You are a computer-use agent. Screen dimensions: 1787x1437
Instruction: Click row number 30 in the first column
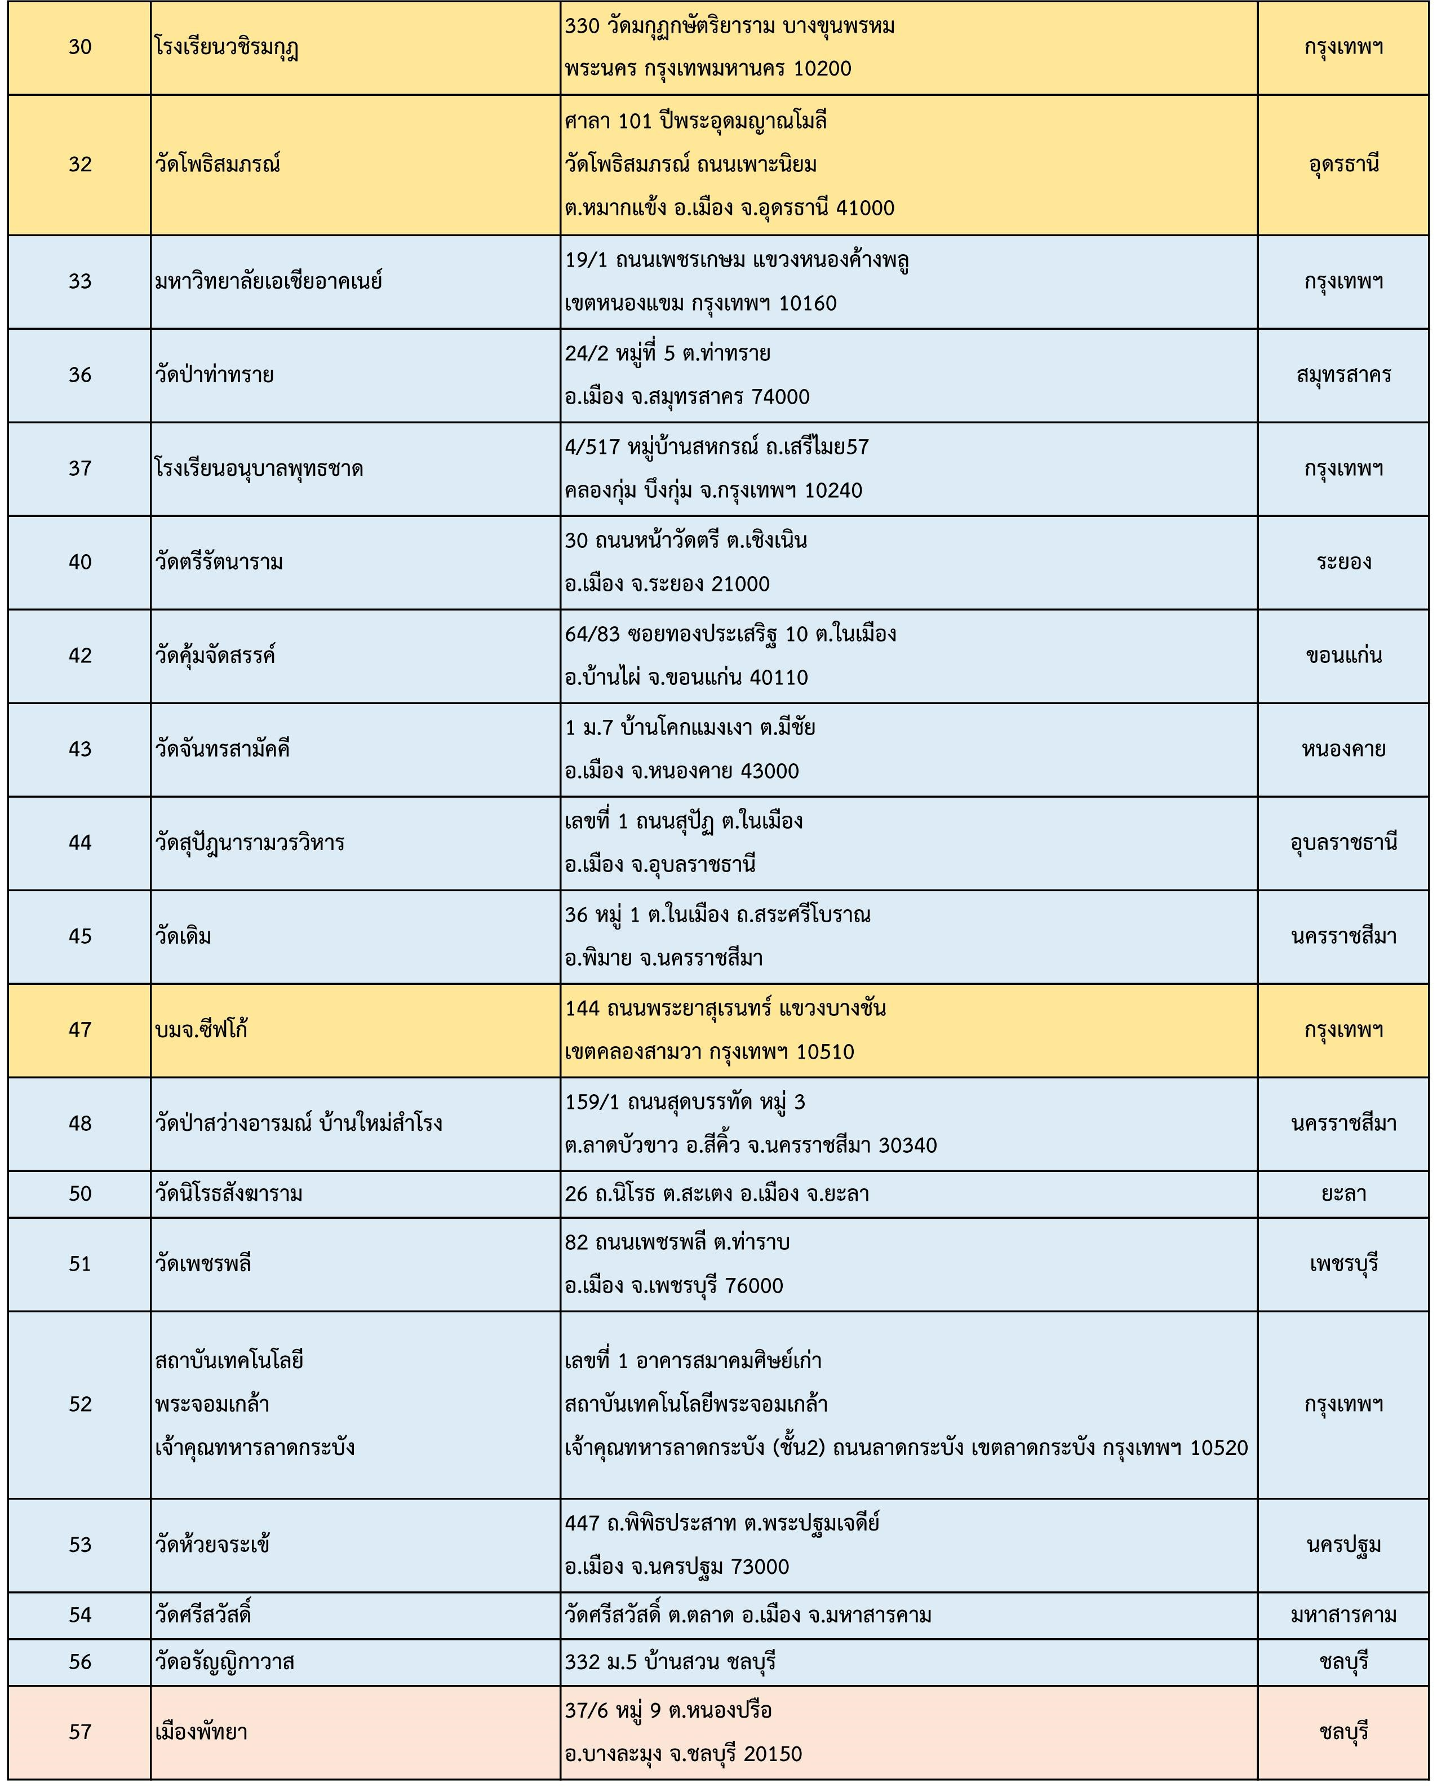tap(79, 47)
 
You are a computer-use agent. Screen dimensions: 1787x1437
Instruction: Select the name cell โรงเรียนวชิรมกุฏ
tap(226, 47)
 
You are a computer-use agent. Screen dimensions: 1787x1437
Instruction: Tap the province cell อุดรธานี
tap(1343, 164)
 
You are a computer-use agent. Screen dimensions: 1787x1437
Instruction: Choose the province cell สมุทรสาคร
tap(1343, 375)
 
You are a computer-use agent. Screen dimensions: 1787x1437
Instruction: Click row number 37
tap(79, 469)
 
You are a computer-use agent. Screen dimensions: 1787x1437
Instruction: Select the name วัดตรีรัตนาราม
tap(219, 563)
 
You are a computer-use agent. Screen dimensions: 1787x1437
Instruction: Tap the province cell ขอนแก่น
tap(1343, 656)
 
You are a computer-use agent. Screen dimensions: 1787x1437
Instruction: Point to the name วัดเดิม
tap(183, 936)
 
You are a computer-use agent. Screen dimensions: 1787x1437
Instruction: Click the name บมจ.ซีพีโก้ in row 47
tap(201, 1030)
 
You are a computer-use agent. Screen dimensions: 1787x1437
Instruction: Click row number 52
tap(79, 1404)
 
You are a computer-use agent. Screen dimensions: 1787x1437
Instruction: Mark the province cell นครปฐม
tap(1343, 1545)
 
